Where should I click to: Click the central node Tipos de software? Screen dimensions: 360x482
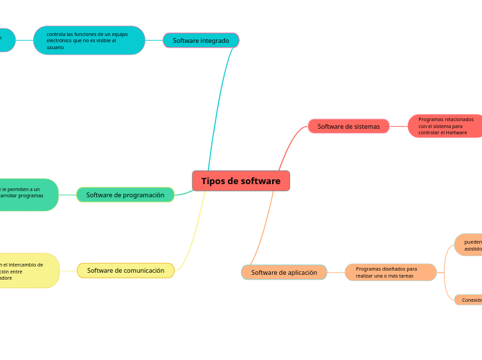coord(241,181)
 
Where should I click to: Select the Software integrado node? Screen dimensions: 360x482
coord(201,40)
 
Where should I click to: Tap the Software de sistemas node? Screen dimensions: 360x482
coord(348,126)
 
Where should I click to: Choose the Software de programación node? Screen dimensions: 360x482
coord(125,195)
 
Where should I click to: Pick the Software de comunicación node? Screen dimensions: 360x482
coord(125,270)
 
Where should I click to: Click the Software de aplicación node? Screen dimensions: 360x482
coord(284,272)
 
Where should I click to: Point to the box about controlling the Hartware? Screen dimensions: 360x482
coord(445,126)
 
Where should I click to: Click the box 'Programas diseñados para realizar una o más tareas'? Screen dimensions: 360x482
coord(391,272)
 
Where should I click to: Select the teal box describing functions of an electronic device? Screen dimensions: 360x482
coord(89,40)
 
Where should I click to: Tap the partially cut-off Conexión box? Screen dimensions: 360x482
coord(469,300)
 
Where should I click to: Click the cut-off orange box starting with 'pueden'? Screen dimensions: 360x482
coord(469,244)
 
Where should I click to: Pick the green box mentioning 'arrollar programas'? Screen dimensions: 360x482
coord(28,195)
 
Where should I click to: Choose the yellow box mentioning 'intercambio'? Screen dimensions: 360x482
coord(28,270)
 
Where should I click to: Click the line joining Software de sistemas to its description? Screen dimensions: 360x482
coord(398,126)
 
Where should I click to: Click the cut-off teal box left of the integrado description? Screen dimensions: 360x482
coord(6,39)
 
